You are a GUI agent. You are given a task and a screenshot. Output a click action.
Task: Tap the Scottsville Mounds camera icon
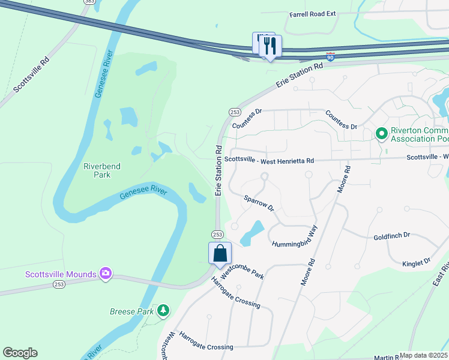tap(106, 274)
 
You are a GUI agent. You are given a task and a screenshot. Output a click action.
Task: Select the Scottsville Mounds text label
tap(61, 275)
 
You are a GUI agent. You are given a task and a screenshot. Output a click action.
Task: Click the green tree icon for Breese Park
tap(163, 310)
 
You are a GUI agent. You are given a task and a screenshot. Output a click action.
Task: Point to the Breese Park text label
tap(132, 311)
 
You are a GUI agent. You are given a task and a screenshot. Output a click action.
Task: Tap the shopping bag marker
tap(220, 253)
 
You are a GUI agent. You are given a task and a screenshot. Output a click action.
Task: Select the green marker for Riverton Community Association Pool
tap(381, 133)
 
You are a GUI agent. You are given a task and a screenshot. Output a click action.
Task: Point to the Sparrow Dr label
tap(259, 203)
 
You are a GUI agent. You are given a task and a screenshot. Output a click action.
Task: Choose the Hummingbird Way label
tap(294, 238)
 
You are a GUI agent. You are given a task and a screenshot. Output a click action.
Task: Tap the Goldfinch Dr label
tap(391, 236)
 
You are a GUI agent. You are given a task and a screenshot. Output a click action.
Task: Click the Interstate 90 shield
tap(330, 56)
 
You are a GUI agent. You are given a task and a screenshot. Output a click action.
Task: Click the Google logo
tap(20, 353)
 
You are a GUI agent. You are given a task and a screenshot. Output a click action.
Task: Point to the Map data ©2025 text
tap(423, 355)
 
